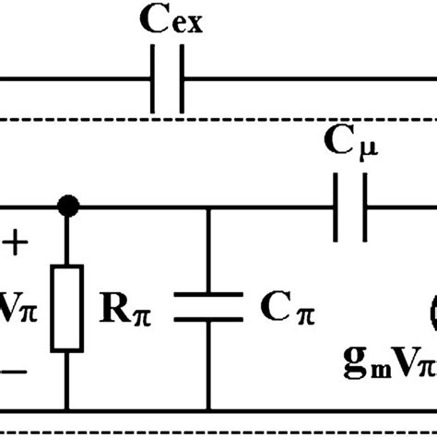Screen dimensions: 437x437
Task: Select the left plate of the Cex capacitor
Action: click(153, 81)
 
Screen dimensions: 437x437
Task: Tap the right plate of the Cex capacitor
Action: click(181, 81)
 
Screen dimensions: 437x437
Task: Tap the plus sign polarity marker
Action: click(16, 243)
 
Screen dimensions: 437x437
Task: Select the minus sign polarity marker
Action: click(16, 370)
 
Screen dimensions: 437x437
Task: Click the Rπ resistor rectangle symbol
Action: click(66, 307)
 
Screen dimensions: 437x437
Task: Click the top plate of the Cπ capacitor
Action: click(208, 295)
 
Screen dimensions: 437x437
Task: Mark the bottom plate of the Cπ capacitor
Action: click(208, 321)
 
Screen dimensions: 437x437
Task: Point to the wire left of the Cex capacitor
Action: click(74, 81)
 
